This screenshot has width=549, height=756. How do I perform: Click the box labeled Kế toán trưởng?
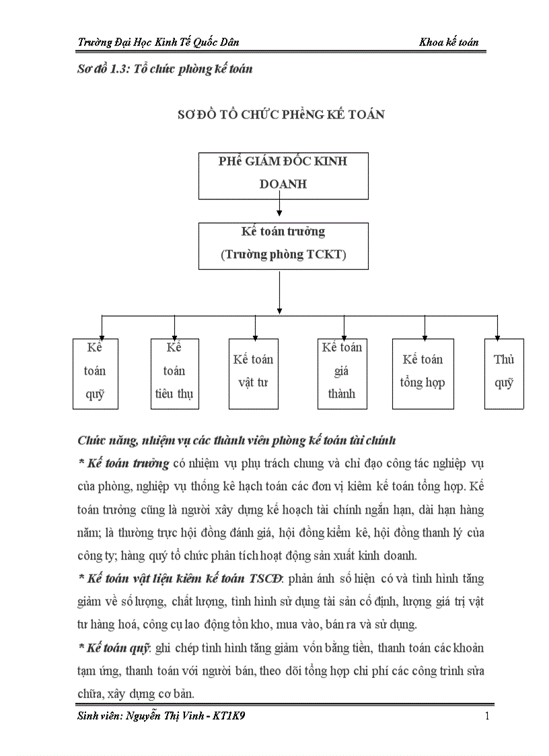coord(283,246)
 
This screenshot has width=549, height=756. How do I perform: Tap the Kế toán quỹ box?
coord(96,373)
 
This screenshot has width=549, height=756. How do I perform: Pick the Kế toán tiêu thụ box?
coord(174,373)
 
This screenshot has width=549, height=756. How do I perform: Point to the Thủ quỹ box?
coord(504,373)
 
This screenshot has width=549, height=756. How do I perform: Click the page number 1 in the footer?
coord(487,716)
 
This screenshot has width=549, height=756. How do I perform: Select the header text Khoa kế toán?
coord(449,42)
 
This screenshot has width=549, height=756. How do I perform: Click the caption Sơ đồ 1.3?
coord(102,69)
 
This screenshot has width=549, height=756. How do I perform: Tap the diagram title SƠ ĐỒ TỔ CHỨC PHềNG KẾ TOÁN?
coord(281,114)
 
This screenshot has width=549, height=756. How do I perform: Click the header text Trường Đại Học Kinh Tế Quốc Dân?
coord(158,42)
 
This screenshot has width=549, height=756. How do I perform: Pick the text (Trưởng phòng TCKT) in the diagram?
coord(283,255)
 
